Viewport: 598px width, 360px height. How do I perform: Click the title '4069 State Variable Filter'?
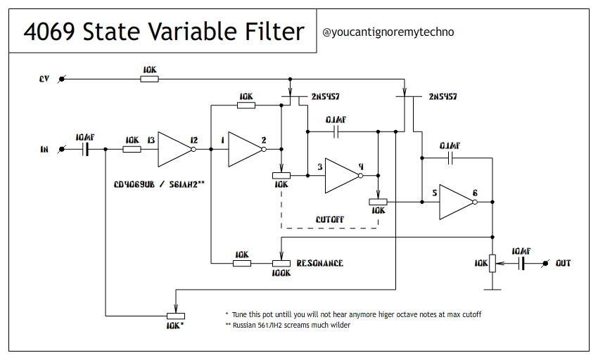[164, 32]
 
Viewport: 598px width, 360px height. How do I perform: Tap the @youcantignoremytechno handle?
[388, 32]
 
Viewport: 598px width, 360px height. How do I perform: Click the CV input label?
[44, 79]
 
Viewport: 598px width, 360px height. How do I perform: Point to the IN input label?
[44, 149]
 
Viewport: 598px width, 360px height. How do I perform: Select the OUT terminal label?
[563, 263]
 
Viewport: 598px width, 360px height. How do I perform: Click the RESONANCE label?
[319, 263]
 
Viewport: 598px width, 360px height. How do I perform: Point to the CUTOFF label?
[329, 219]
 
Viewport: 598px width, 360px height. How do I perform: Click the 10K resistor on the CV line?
[149, 79]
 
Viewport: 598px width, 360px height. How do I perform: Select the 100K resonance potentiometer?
[281, 263]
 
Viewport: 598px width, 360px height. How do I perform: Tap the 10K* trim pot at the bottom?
[174, 316]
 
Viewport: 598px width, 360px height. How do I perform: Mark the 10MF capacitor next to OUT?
[522, 263]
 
